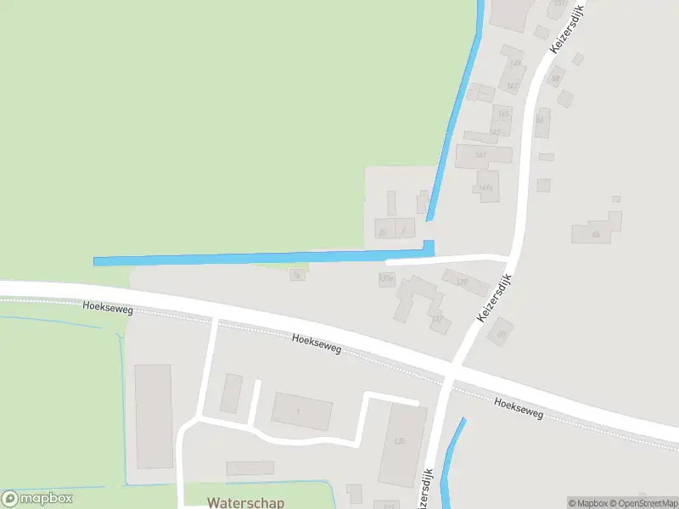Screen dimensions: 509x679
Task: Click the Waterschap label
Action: coord(245,502)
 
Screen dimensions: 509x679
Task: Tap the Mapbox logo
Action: coord(37,499)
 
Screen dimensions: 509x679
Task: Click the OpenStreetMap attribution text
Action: coord(643,503)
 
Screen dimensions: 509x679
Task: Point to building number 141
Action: coord(481,155)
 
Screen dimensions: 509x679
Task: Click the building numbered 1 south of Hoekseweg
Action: coord(300,411)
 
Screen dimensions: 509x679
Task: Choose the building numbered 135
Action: coord(399,441)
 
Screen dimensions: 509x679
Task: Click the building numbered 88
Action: coord(557,79)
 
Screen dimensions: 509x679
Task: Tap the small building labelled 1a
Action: coord(297,275)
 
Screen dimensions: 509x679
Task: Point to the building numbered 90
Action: coord(501,333)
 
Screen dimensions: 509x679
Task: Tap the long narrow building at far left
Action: coord(153,416)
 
